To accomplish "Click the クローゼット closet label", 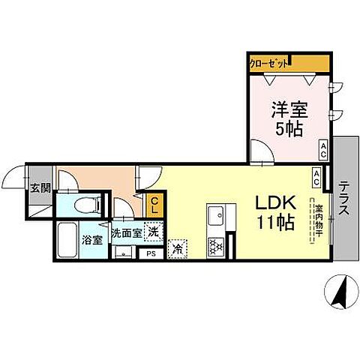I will pyautogui.click(x=268, y=63).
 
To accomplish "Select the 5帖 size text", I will pyautogui.click(x=287, y=130).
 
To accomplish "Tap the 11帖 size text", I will pyautogui.click(x=274, y=223).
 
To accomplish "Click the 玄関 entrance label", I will pyautogui.click(x=40, y=187).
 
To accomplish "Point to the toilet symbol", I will pyautogui.click(x=88, y=205).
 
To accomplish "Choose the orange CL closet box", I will pyautogui.click(x=154, y=205).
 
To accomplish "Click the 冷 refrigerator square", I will pyautogui.click(x=178, y=247).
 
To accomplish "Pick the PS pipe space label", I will pyautogui.click(x=151, y=253).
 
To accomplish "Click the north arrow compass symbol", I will pyautogui.click(x=338, y=291).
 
